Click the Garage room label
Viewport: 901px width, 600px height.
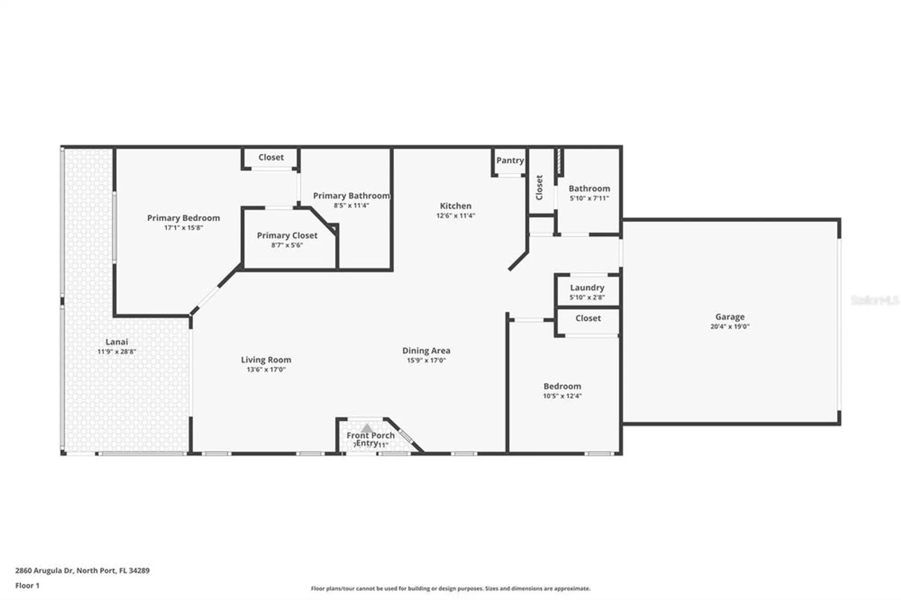[729, 317]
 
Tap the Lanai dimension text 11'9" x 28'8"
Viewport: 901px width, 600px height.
[117, 352]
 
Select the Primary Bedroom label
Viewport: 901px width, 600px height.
[183, 218]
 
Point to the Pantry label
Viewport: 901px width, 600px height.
[510, 160]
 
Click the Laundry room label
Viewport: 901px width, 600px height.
[587, 287]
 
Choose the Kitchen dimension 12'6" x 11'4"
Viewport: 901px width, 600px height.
[455, 216]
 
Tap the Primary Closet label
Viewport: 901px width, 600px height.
[287, 236]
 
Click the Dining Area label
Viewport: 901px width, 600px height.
[426, 350]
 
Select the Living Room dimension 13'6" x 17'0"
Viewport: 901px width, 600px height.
[266, 370]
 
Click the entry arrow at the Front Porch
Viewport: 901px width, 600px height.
[367, 428]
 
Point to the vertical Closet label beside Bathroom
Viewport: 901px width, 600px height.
[539, 187]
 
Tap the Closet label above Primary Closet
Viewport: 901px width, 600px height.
[271, 157]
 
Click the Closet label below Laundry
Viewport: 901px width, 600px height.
[588, 318]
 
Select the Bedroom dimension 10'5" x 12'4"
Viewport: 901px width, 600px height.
[562, 396]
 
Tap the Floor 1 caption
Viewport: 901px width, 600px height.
[27, 586]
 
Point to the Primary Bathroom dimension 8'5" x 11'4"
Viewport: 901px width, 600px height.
[351, 205]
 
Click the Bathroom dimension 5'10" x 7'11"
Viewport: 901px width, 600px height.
[589, 198]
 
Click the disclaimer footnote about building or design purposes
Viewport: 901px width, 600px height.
[450, 588]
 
